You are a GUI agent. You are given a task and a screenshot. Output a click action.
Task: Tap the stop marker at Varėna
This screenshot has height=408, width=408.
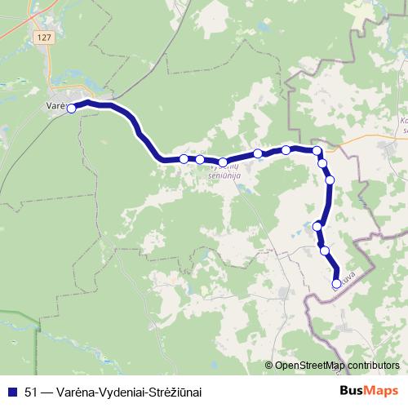tap(72, 108)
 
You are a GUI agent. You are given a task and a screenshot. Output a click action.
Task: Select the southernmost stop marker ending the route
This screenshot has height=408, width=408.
tap(337, 283)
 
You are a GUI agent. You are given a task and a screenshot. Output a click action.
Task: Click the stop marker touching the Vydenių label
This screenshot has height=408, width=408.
tap(223, 162)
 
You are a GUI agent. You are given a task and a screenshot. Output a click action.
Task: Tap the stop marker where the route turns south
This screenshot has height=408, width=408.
tap(317, 151)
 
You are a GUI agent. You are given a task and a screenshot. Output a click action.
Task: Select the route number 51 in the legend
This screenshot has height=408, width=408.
tap(31, 391)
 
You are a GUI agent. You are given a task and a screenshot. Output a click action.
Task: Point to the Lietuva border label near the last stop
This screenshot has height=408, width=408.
tap(348, 277)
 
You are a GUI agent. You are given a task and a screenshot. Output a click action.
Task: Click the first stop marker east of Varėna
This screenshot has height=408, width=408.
tap(184, 158)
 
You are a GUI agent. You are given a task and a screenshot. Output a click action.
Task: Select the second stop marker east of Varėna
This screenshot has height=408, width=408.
tap(200, 159)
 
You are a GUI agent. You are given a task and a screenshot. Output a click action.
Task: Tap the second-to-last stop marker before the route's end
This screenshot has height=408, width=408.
tap(325, 250)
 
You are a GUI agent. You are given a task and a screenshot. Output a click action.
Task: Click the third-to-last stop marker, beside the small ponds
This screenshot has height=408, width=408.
tap(317, 226)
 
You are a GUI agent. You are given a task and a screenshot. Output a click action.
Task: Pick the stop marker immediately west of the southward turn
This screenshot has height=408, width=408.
tap(286, 149)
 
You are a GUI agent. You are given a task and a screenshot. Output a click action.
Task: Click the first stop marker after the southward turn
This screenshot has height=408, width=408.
tap(323, 163)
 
